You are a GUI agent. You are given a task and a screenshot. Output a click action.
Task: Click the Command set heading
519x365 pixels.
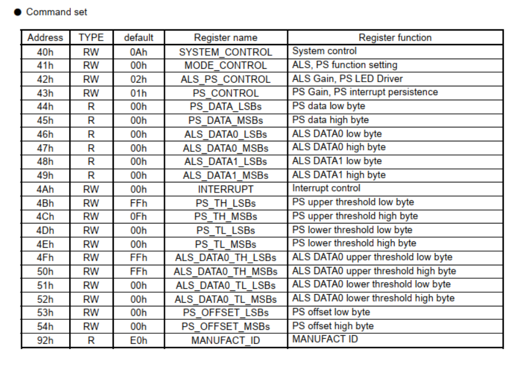(56, 12)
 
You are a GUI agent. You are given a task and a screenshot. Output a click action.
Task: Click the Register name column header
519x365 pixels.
(226, 38)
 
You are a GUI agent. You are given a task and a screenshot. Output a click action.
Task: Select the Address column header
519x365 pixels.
(45, 38)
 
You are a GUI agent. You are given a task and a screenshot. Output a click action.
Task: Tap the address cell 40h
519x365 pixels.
(45, 52)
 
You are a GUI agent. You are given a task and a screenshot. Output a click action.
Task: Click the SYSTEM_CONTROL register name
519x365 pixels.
(226, 52)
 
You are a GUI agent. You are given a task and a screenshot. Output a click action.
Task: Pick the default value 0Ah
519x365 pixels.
(139, 52)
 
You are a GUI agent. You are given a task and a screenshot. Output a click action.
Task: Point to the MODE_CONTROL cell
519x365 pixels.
(226, 65)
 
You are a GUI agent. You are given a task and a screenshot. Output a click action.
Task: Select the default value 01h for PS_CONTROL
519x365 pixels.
(139, 93)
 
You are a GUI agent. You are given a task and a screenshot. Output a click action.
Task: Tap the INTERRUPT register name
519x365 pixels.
(226, 189)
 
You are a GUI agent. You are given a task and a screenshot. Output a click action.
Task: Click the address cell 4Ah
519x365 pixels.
(45, 189)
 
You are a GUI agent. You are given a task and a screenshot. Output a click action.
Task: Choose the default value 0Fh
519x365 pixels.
(139, 217)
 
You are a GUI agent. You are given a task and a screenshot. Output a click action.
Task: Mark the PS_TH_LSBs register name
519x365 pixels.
(226, 202)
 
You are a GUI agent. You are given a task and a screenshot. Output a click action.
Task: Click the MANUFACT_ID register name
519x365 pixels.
(226, 340)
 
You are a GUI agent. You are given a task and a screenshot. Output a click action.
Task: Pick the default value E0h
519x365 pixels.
(139, 340)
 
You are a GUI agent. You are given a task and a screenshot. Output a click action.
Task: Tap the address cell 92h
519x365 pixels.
(45, 340)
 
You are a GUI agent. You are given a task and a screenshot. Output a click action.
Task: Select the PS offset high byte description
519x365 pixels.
(333, 326)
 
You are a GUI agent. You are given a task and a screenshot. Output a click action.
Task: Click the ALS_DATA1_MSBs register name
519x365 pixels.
(226, 175)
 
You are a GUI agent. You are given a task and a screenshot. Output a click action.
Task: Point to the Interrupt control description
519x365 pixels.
(326, 188)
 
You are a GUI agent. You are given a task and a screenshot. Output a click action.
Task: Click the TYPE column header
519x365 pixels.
(91, 38)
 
